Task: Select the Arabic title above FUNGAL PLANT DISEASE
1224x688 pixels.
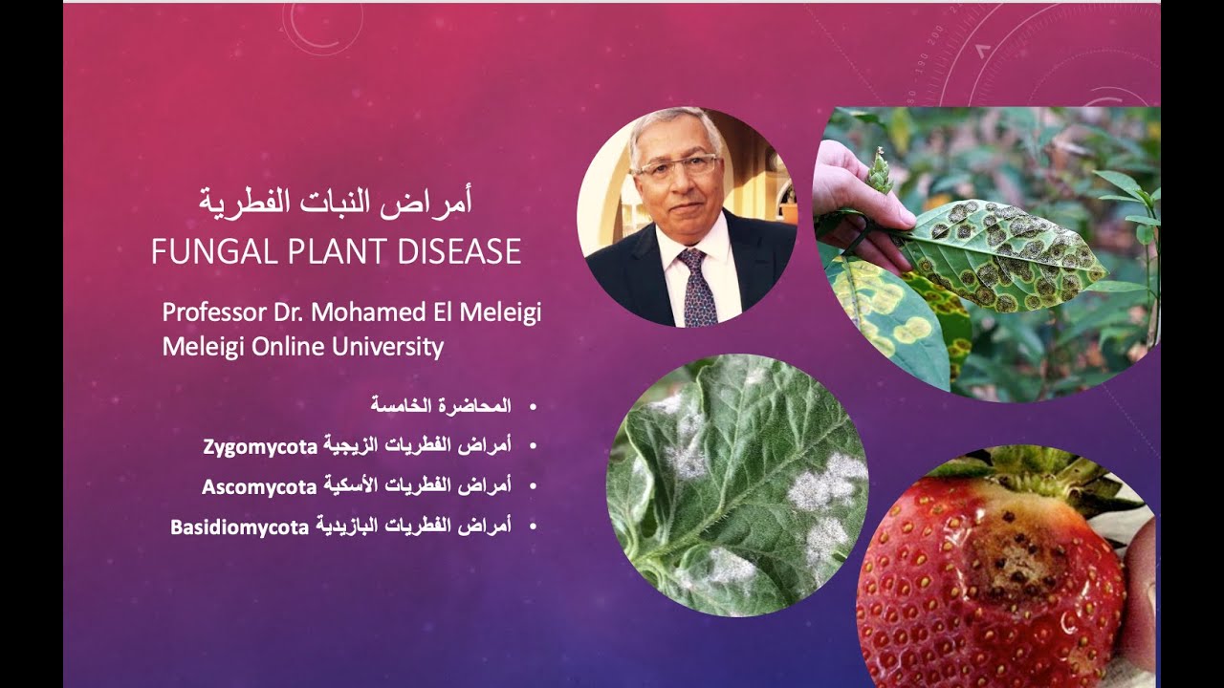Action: tap(336, 202)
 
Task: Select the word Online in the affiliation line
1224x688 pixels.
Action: tap(287, 346)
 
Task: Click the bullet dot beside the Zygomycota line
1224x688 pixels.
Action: tap(533, 446)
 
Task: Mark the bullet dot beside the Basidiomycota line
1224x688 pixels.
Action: tap(533, 526)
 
